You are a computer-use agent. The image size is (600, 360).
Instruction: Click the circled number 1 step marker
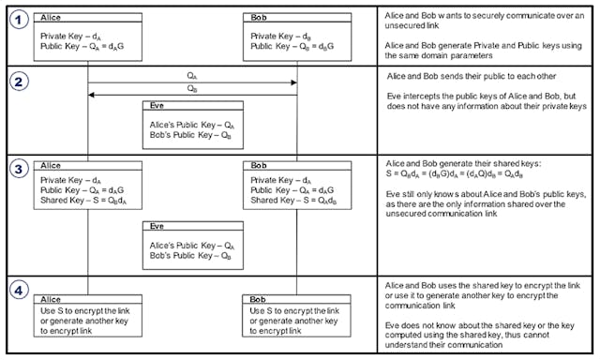point(16,19)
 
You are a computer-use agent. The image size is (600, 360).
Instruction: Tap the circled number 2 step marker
point(16,80)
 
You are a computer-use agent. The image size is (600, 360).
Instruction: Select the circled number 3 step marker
point(16,169)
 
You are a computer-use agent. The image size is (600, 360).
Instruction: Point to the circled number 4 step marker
point(16,290)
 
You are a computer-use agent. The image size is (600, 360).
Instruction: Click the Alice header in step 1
point(49,17)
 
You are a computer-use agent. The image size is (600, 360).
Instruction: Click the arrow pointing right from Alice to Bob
point(192,82)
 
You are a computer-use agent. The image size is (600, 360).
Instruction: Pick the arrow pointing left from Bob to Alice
point(192,95)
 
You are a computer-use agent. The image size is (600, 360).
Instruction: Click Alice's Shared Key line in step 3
point(84,199)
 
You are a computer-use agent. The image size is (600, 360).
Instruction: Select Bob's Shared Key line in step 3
point(294,199)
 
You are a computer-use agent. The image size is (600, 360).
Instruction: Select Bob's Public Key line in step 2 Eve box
point(189,134)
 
